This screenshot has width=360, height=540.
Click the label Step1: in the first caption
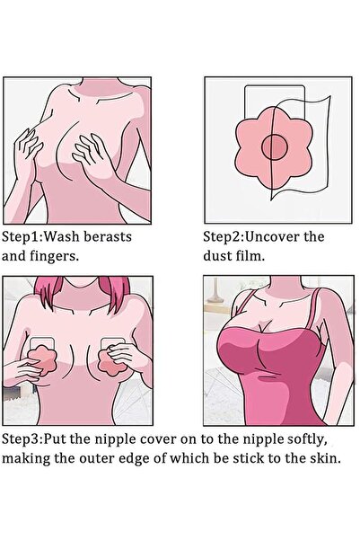pos(22,237)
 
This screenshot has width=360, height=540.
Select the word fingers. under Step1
pos(55,257)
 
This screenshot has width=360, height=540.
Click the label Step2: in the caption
pos(224,237)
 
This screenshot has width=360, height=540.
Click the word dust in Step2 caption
pos(216,256)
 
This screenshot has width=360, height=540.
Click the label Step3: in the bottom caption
pos(22,439)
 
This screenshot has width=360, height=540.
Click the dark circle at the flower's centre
pos(275,147)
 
